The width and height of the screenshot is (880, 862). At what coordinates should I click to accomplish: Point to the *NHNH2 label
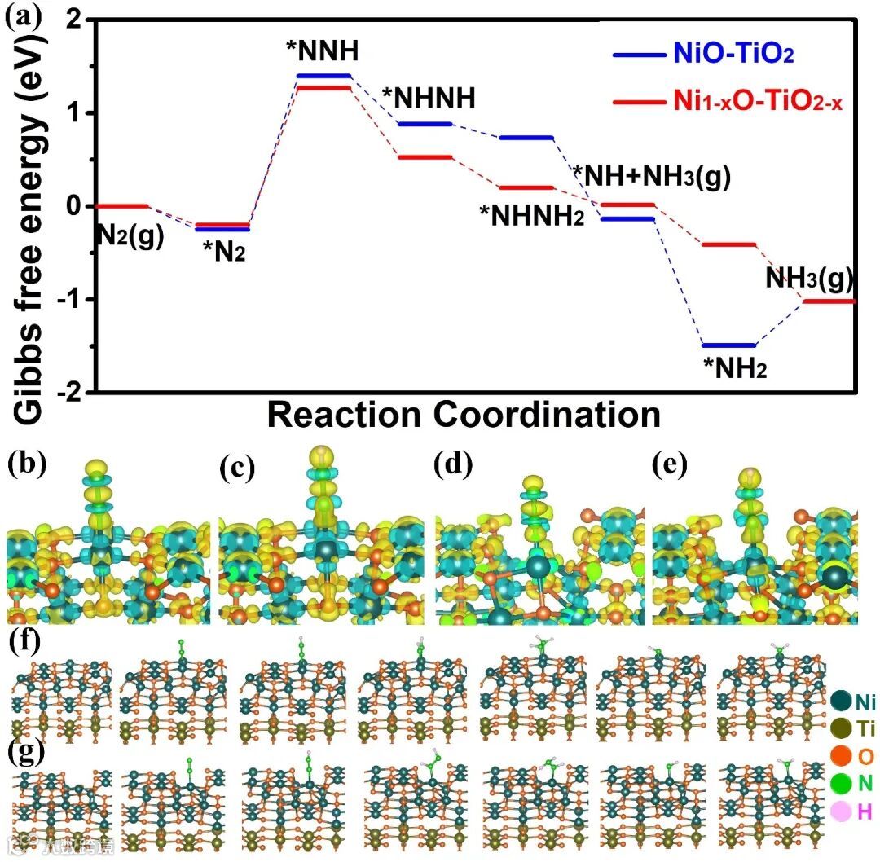(531, 216)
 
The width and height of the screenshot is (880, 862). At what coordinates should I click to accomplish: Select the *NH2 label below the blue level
(735, 369)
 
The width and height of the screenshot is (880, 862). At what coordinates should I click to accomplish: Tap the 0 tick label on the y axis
(78, 206)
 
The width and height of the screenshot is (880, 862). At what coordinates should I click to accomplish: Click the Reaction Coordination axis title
(464, 415)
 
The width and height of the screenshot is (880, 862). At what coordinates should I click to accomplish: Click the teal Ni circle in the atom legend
(842, 700)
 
